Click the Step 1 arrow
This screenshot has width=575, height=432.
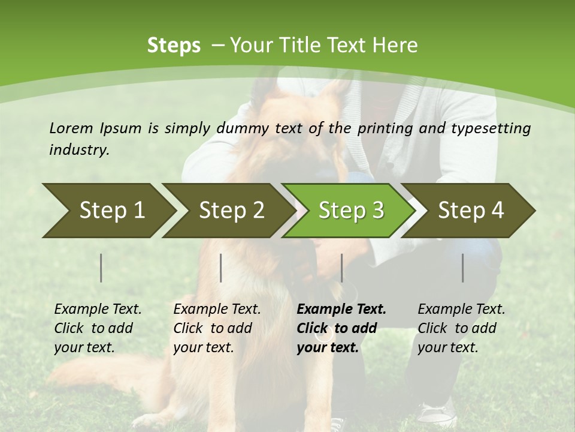pyautogui.click(x=111, y=211)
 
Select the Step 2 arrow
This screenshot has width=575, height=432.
pyautogui.click(x=231, y=211)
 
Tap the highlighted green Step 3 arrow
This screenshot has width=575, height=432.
pyautogui.click(x=351, y=211)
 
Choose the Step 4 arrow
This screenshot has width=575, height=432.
pyautogui.click(x=471, y=211)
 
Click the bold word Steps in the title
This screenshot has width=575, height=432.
pyautogui.click(x=174, y=46)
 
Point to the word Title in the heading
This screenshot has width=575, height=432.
pyautogui.click(x=294, y=46)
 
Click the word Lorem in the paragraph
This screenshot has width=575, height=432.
pyautogui.click(x=71, y=128)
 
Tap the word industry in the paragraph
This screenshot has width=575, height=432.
pyautogui.click(x=79, y=150)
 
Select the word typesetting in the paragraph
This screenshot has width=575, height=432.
pyautogui.click(x=491, y=128)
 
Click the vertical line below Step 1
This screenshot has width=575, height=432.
pyautogui.click(x=101, y=268)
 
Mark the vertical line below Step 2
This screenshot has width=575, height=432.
pyautogui.click(x=221, y=268)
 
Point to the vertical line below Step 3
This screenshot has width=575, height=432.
pyautogui.click(x=341, y=268)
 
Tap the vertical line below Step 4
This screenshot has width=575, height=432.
pyautogui.click(x=462, y=268)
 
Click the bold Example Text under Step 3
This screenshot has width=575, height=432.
pyautogui.click(x=341, y=310)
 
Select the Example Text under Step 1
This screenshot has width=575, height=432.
pyautogui.click(x=98, y=310)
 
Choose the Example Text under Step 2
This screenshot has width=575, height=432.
pyautogui.click(x=217, y=310)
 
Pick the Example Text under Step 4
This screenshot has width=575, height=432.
pyautogui.click(x=461, y=310)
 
